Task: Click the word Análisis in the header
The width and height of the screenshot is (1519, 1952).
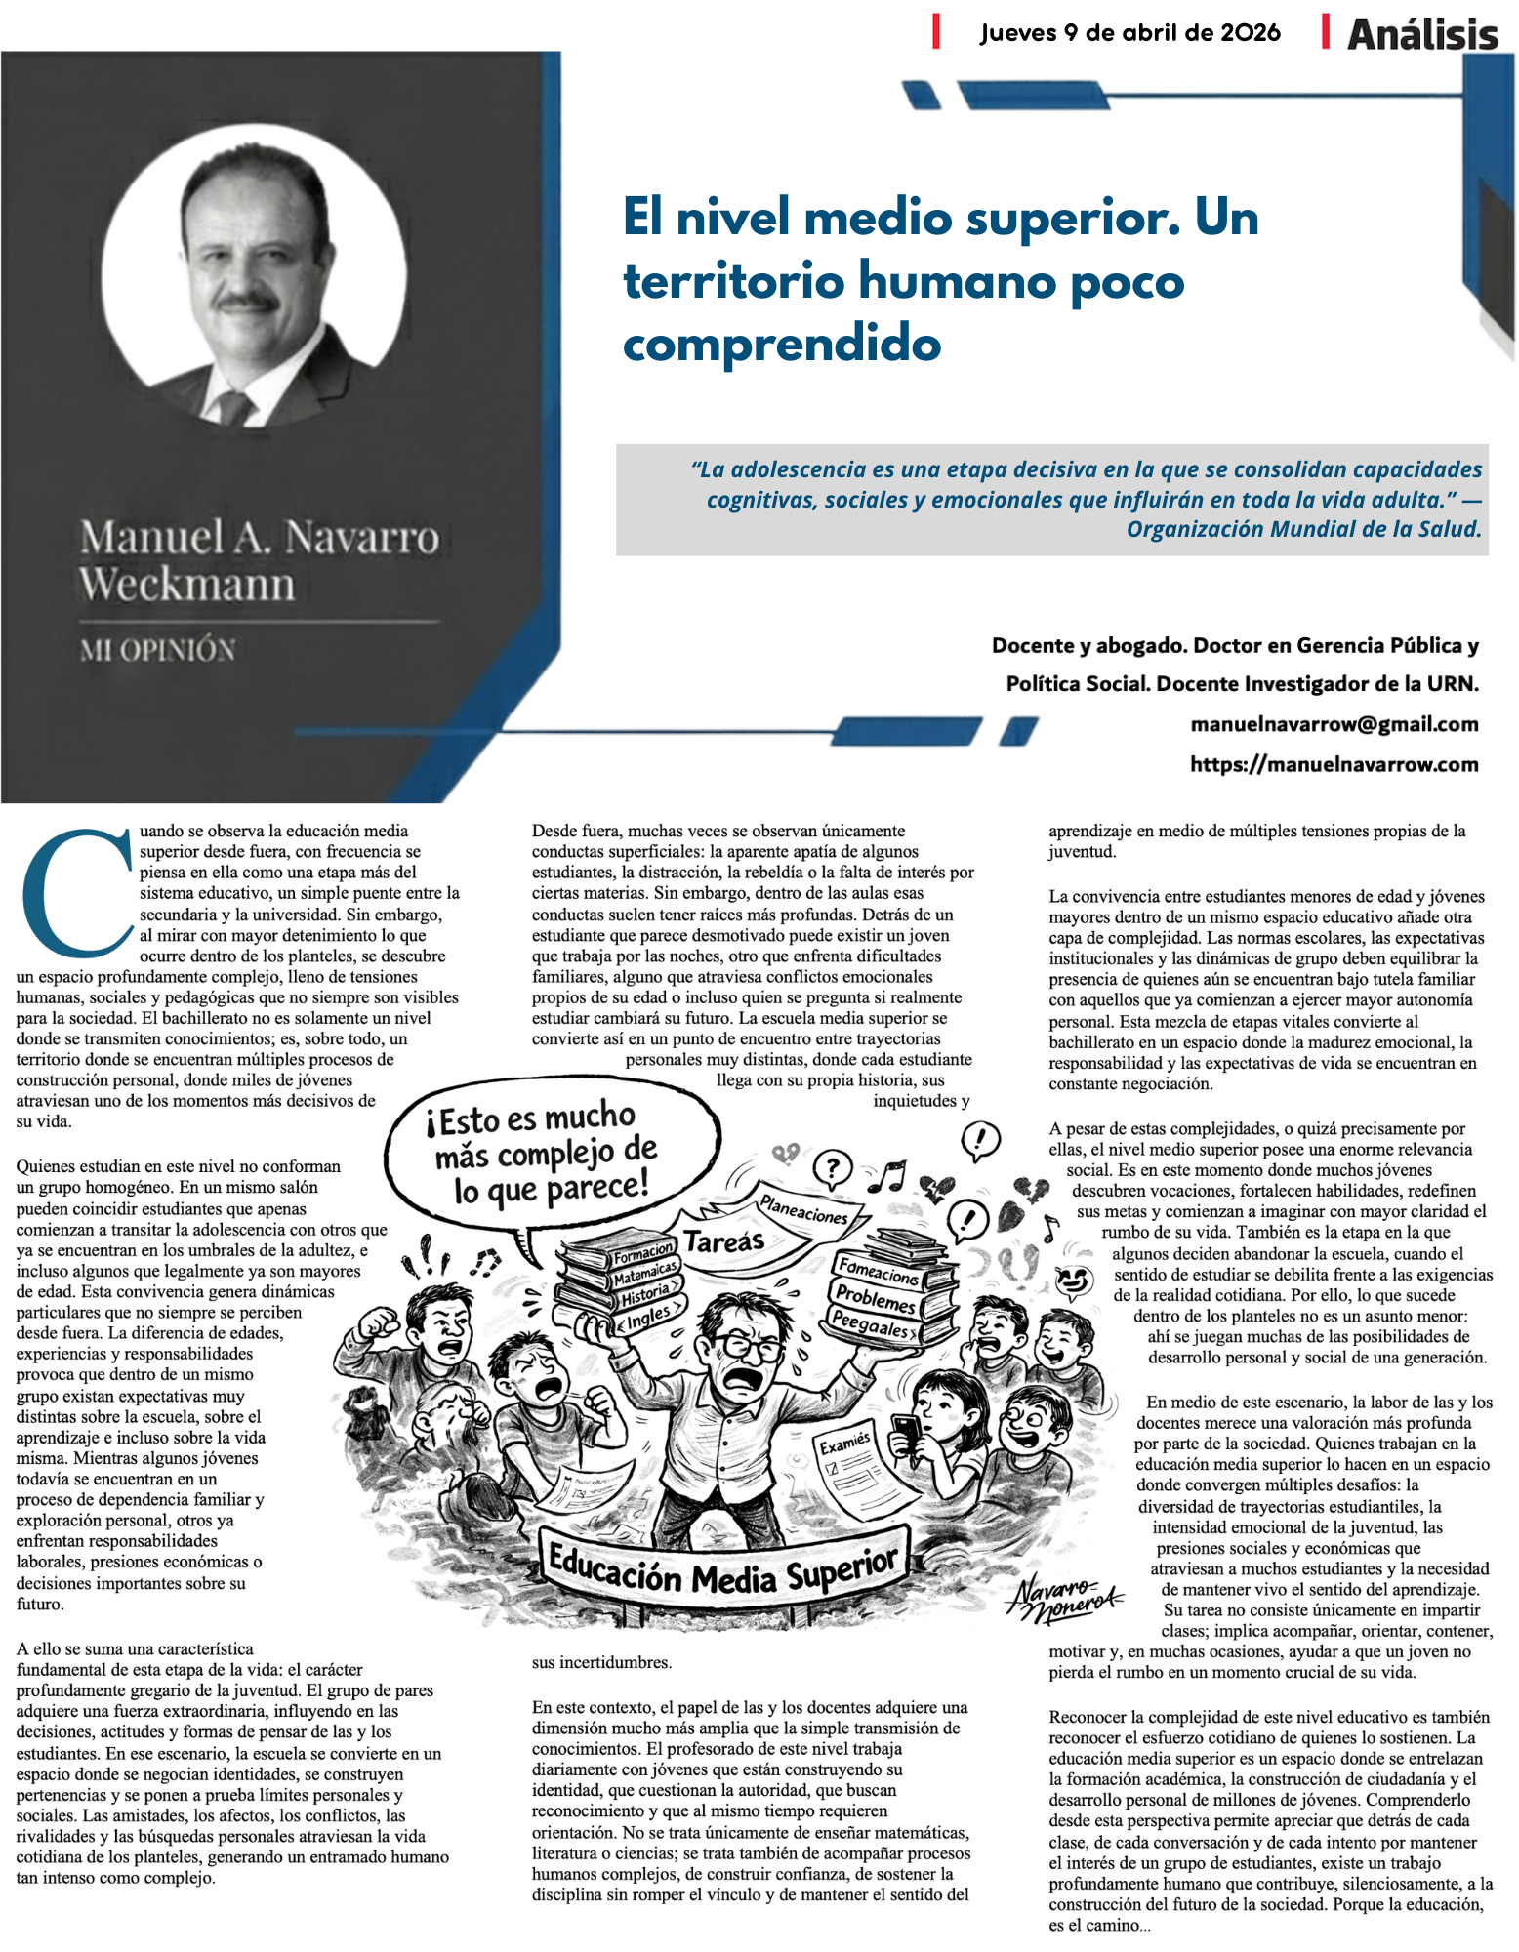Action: coord(1421,35)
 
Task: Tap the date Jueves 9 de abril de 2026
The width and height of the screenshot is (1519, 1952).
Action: coord(1129,33)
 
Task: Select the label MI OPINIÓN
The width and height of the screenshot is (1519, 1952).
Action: coord(157,650)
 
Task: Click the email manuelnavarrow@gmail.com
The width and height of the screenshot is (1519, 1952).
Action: coord(1334,724)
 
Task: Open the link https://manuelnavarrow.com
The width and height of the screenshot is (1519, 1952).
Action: coord(1334,764)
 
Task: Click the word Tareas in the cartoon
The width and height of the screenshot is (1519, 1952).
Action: coord(723,1241)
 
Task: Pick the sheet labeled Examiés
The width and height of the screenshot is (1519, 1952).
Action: coord(845,1443)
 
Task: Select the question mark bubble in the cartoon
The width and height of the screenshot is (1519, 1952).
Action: coord(832,1166)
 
